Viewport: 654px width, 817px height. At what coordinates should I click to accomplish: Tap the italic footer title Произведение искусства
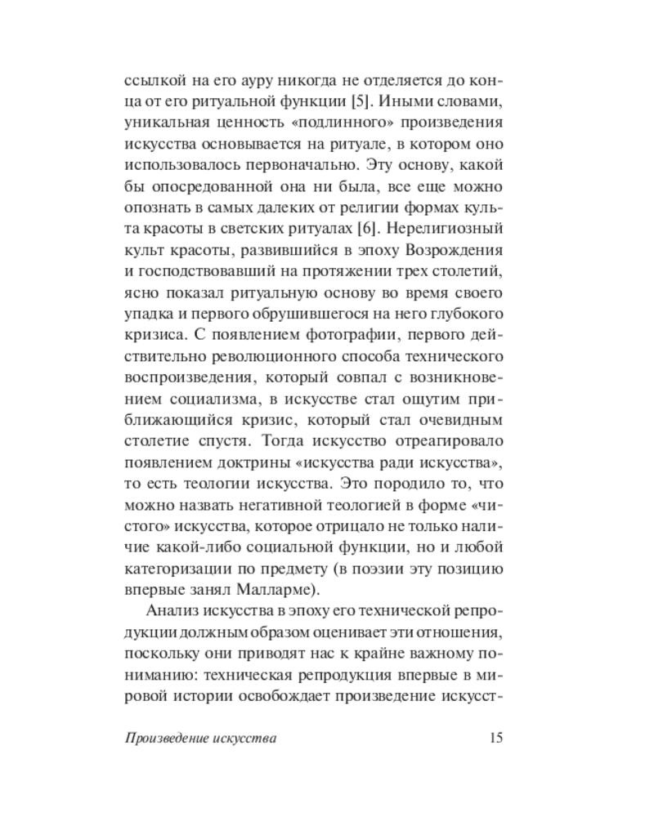[201, 739]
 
